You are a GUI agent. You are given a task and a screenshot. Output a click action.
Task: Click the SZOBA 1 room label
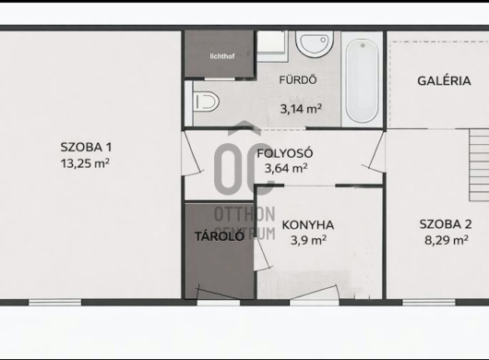pyautogui.click(x=86, y=147)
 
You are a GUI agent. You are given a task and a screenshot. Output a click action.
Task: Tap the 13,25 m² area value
pyautogui.click(x=85, y=163)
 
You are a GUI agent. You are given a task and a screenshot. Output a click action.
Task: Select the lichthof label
pyautogui.click(x=222, y=56)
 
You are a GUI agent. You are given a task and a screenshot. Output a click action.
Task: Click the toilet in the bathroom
pyautogui.click(x=206, y=102)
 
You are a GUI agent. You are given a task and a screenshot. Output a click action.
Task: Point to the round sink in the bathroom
pyautogui.click(x=315, y=44)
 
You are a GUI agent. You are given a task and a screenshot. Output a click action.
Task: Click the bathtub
pyautogui.click(x=362, y=81)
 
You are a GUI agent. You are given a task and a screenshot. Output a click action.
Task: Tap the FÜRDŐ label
pyautogui.click(x=298, y=80)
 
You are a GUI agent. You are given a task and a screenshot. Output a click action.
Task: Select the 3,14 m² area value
pyautogui.click(x=301, y=109)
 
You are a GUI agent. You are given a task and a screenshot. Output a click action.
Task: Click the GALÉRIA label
pyautogui.click(x=444, y=81)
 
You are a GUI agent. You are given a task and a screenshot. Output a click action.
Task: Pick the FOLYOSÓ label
pyautogui.click(x=285, y=153)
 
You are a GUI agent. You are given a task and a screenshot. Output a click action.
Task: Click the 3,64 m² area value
pyautogui.click(x=286, y=168)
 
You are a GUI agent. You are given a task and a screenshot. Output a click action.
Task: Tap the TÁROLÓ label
pyautogui.click(x=220, y=236)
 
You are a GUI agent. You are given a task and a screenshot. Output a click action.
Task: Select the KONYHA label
pyautogui.click(x=308, y=225)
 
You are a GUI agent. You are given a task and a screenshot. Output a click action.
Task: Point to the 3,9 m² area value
pyautogui.click(x=308, y=240)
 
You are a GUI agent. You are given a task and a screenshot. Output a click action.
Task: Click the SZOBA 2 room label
pyautogui.click(x=446, y=224)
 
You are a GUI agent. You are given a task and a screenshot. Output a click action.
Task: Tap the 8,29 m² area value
pyautogui.click(x=447, y=240)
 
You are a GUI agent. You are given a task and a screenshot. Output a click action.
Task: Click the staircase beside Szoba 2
pyautogui.click(x=479, y=165)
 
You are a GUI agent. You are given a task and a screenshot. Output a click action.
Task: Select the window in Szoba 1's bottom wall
pyautogui.click(x=54, y=302)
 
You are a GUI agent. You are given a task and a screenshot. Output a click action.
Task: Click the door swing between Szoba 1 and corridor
pyautogui.click(x=193, y=152)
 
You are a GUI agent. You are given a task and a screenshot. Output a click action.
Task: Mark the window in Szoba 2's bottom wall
pyautogui.click(x=429, y=302)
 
